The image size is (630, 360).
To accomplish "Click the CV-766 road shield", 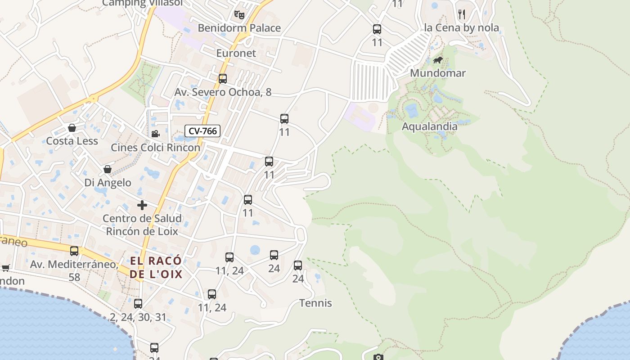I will tap(202, 131).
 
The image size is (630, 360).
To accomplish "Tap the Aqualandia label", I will tap(429, 127).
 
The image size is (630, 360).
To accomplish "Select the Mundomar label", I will tap(437, 73).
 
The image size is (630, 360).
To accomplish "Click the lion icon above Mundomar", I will tap(437, 60).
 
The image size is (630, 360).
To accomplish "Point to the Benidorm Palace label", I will tap(239, 28).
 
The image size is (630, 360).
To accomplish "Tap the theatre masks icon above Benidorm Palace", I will tap(239, 15).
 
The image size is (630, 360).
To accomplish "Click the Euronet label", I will tap(236, 53).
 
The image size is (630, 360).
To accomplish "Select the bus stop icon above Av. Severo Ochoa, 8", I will tap(223, 79).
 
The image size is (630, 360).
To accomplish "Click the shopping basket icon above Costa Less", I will tap(72, 128).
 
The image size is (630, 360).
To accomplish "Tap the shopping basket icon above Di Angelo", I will tap(108, 170).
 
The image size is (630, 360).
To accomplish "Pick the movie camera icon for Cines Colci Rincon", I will tap(155, 134).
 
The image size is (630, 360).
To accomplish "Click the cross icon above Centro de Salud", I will tap(142, 206).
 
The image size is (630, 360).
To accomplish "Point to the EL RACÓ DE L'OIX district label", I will tap(156, 267).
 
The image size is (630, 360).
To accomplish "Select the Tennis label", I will tap(315, 303).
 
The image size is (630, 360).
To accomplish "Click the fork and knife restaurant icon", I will tap(461, 14).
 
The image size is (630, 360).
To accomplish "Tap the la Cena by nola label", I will tap(461, 28).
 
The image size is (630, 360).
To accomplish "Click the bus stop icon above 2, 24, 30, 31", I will tap(138, 304).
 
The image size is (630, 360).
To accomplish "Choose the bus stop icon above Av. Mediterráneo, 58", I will tap(74, 251).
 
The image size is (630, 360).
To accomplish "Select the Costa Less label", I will tap(72, 141).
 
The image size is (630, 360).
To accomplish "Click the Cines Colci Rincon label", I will tap(155, 148).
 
